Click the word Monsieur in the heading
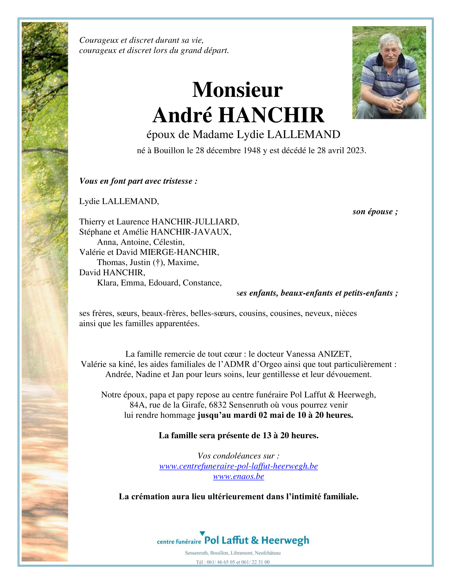point(237,90)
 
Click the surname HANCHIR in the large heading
point(271,115)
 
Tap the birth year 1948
point(252,150)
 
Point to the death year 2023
point(355,150)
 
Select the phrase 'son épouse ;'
point(375,212)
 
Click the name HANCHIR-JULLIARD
point(195,222)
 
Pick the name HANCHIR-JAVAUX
point(190,232)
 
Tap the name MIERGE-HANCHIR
point(179,252)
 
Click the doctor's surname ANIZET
point(334,354)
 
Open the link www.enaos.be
point(239,476)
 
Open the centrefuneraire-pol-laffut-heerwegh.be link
point(239,466)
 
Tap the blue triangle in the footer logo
point(202,533)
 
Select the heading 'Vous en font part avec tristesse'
point(138,181)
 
